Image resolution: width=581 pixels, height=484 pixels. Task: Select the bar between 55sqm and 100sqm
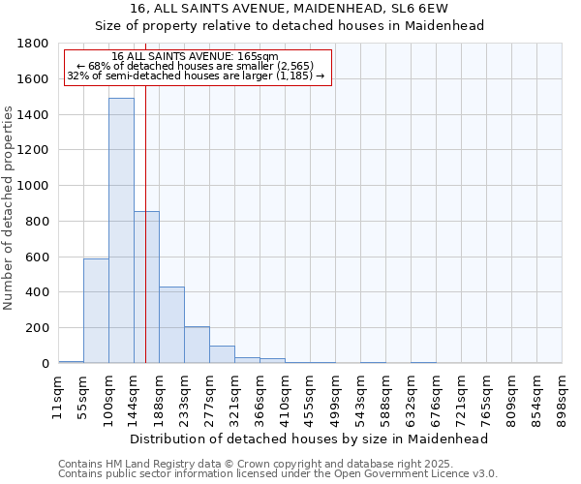pyautogui.click(x=96, y=311)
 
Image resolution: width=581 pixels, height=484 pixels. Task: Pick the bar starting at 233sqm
pyautogui.click(x=197, y=345)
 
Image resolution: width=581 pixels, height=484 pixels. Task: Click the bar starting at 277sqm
pyautogui.click(x=222, y=354)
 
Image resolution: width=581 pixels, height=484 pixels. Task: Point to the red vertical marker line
pyautogui.click(x=145, y=242)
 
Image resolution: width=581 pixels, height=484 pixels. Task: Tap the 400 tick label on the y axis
pyautogui.click(x=39, y=292)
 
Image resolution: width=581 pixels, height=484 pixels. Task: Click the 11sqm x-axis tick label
pyautogui.click(x=58, y=397)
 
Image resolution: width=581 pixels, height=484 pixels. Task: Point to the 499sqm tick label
pyautogui.click(x=335, y=397)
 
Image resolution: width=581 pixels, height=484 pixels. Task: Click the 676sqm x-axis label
pyautogui.click(x=436, y=397)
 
